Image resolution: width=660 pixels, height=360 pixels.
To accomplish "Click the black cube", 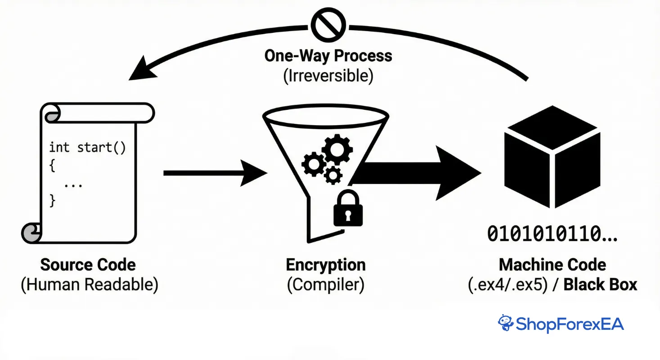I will tap(552, 157).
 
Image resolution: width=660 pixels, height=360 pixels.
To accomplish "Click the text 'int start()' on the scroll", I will tap(87, 148).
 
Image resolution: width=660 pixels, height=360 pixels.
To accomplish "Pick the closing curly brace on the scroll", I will tap(53, 200).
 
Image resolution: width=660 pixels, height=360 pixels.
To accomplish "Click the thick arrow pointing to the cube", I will tap(418, 173).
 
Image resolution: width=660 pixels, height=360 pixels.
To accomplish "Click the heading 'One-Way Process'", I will tap(328, 56).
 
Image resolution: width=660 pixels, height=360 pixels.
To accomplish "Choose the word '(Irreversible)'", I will tap(328, 76).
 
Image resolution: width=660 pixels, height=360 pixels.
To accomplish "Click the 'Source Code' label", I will tap(88, 265).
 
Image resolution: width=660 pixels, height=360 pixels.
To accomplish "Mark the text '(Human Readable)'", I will tap(90, 285).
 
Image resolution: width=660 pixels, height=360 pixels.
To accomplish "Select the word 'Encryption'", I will tap(326, 265).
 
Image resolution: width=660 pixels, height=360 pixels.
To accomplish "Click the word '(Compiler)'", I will tap(325, 285).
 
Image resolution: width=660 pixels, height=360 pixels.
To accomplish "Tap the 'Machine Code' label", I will tap(552, 265).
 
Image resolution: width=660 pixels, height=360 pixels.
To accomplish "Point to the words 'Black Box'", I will tap(600, 285).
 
